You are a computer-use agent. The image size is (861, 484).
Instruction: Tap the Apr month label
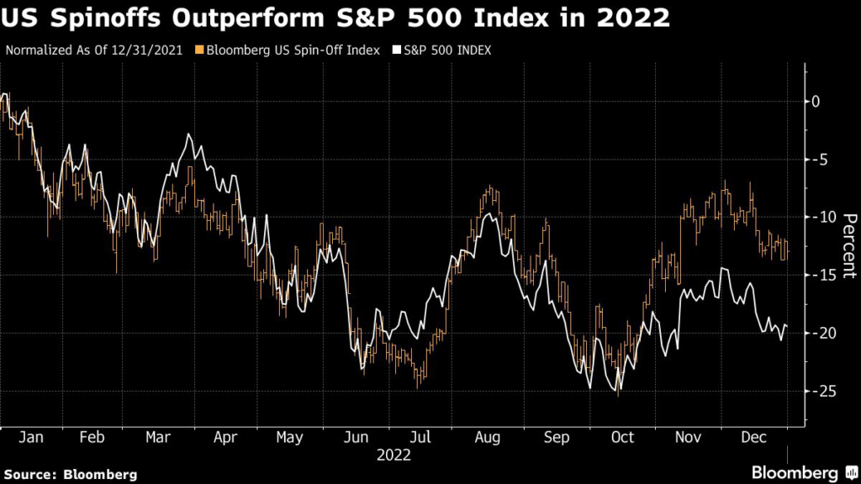[224, 438]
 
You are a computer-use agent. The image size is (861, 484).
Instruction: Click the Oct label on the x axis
[622, 438]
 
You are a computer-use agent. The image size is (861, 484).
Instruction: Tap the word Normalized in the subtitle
[39, 50]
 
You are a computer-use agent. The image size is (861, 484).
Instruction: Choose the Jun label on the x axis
[357, 438]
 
